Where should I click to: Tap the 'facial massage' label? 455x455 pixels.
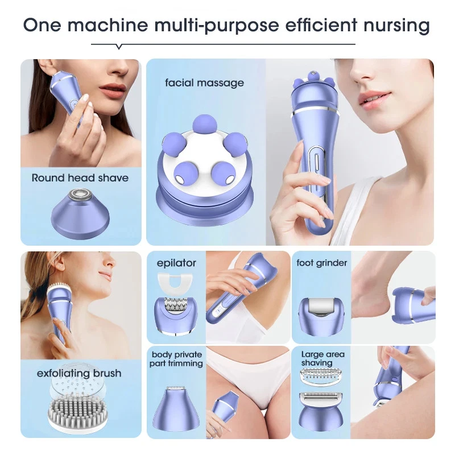(x=204, y=83)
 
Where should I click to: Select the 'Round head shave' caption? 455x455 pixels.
(x=80, y=178)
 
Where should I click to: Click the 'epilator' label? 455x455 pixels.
(x=176, y=263)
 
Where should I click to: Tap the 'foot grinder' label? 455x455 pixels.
(x=321, y=263)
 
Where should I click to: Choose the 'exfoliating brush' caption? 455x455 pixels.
(x=79, y=374)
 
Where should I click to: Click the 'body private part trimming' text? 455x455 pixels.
(x=176, y=359)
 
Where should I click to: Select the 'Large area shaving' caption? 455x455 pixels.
(x=322, y=358)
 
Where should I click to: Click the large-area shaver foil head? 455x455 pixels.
(x=322, y=411)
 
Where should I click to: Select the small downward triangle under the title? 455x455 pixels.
(x=118, y=46)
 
